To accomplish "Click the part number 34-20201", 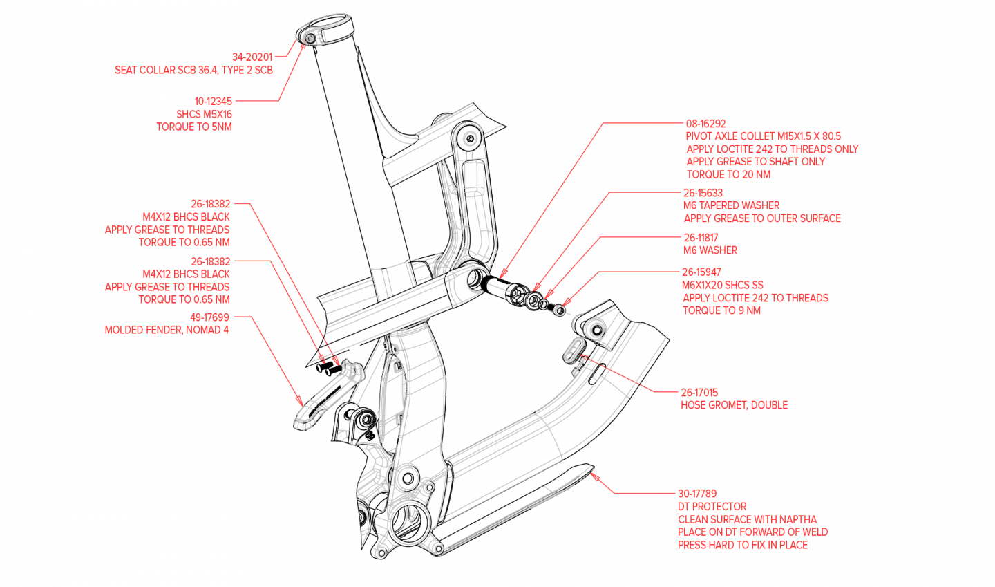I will point(252,57).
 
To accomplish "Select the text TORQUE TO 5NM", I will point(194,127).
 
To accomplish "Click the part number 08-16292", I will point(705,124).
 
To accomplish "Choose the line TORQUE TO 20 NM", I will point(728,174).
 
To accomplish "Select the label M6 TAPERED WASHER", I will point(731,205).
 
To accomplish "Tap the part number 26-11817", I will point(701,238).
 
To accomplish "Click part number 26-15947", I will point(701,272).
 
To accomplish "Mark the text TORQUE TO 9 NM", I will point(721,310).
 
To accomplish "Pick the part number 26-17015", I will point(699,393).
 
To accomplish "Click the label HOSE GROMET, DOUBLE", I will point(734,405).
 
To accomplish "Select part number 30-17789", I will point(697,494).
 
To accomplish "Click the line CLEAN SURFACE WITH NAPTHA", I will point(747,519).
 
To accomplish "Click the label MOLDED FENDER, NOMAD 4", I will point(167,330).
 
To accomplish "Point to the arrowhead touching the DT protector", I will point(594,476).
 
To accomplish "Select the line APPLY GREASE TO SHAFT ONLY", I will point(755,162).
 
